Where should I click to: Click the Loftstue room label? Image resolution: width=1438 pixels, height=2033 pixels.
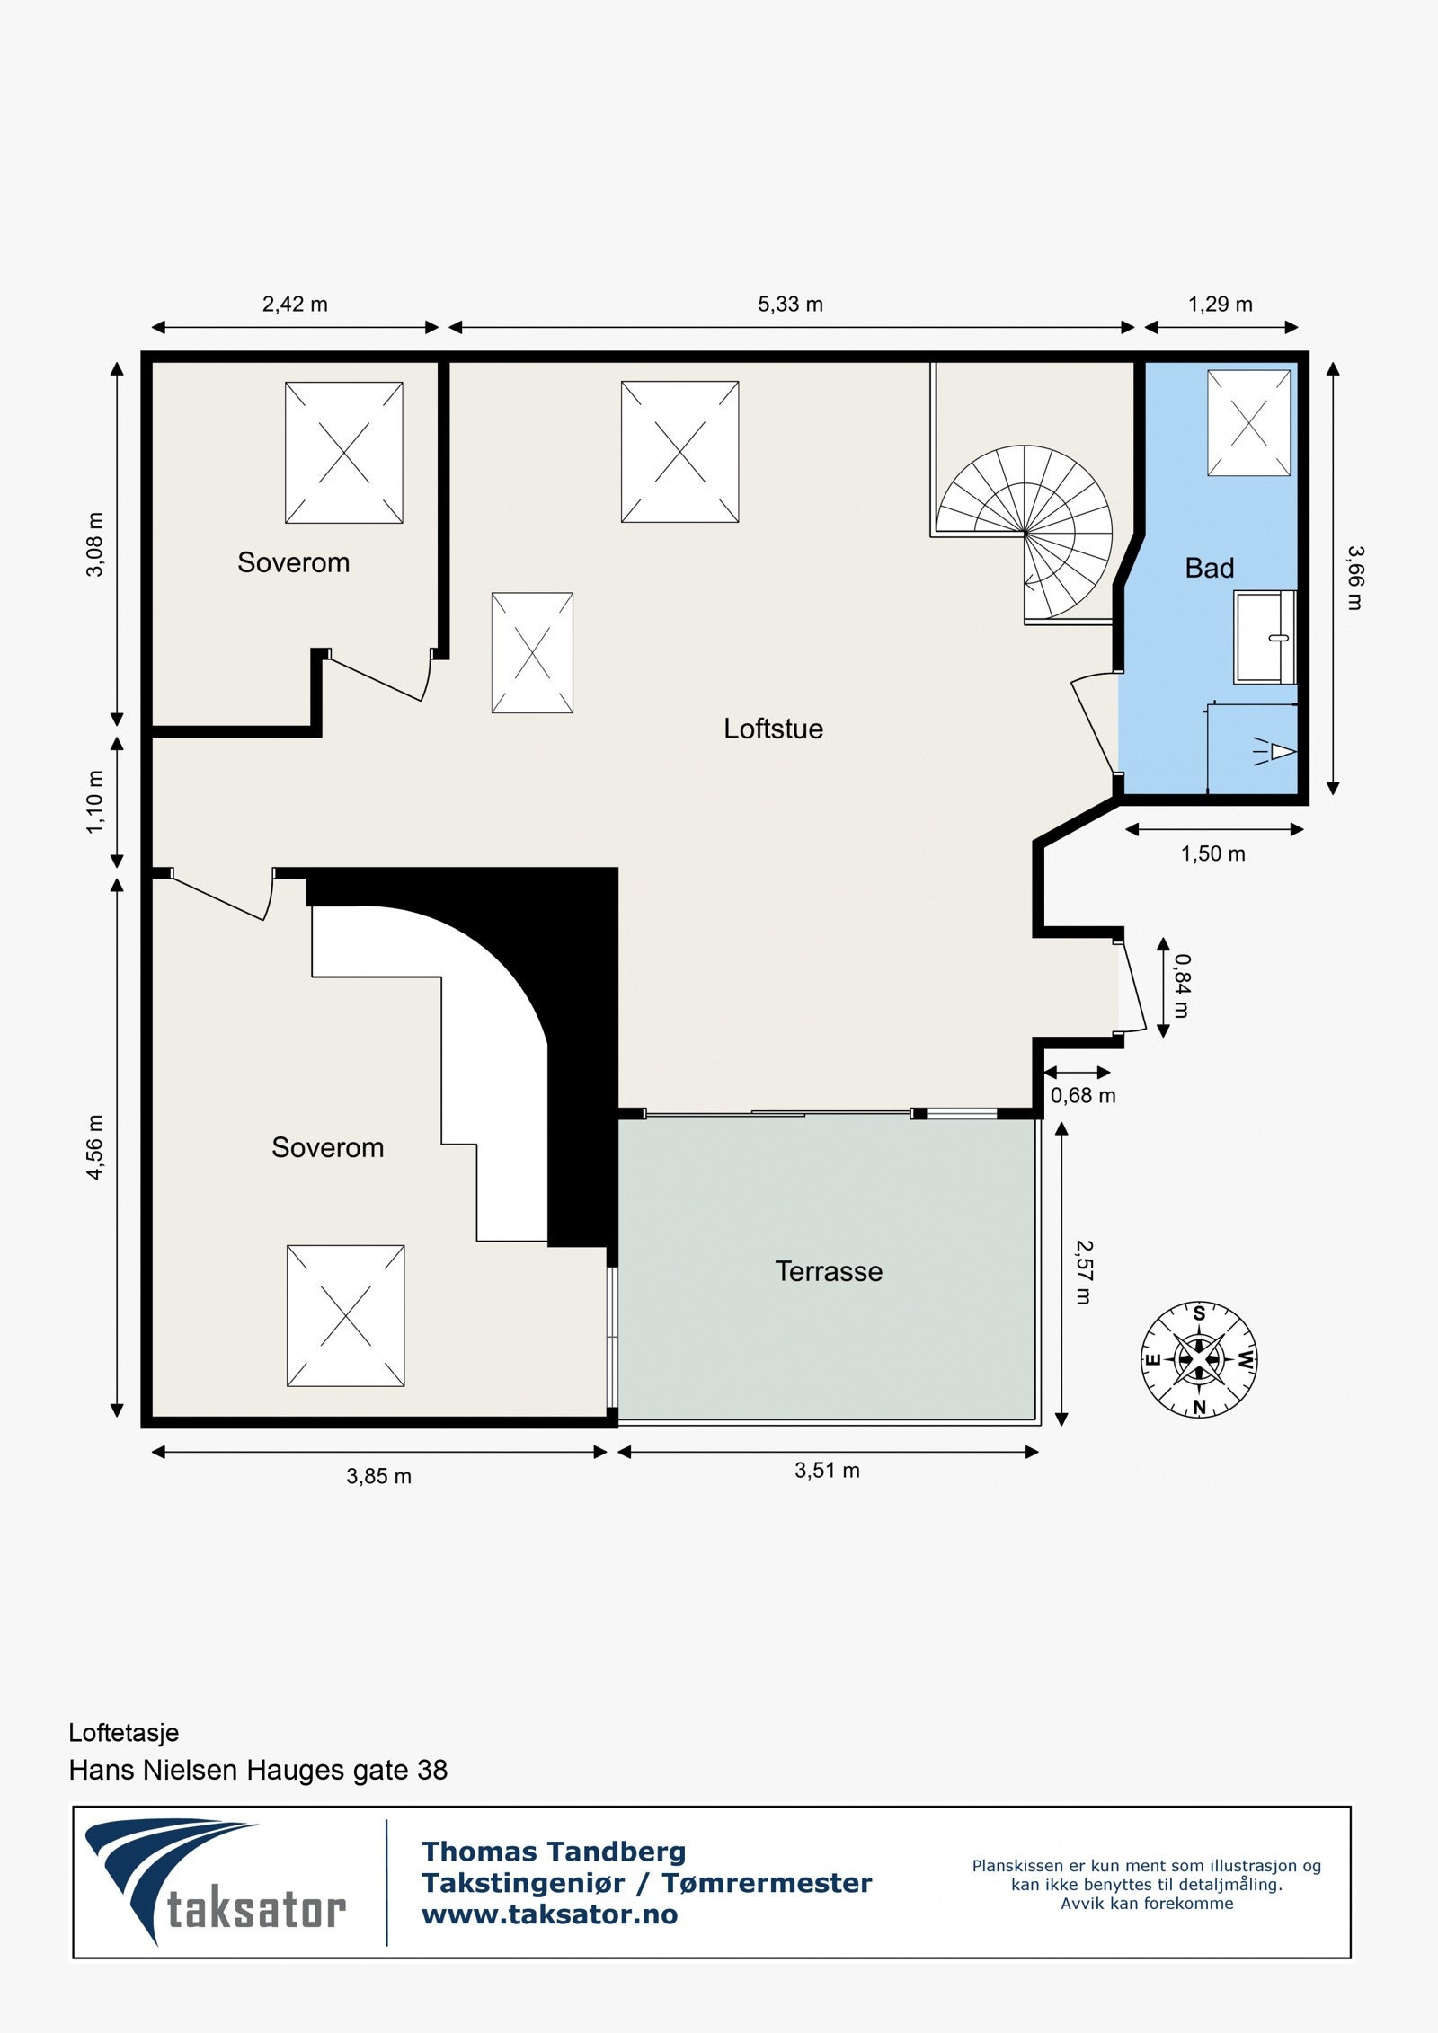click(773, 729)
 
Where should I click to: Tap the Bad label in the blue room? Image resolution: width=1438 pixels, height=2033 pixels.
click(1209, 568)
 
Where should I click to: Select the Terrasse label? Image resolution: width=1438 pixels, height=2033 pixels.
click(829, 1271)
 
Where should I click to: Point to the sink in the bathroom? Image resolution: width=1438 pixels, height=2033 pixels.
click(1265, 637)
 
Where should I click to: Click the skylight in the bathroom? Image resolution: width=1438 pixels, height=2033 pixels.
click(1248, 422)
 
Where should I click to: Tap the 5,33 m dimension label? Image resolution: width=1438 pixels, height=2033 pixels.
click(790, 305)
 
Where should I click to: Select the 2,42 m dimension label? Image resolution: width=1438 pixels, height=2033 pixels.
click(295, 305)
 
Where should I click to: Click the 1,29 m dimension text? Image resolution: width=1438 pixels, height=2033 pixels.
click(1220, 305)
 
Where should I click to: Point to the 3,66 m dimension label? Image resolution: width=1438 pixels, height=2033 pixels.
click(1354, 578)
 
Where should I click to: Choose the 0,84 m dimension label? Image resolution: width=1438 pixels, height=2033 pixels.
click(1182, 986)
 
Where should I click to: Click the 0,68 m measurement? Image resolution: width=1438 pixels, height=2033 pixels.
click(1083, 1095)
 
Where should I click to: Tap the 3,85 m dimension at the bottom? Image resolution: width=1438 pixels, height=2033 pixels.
click(378, 1476)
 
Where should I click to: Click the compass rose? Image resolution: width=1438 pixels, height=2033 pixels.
click(1199, 1359)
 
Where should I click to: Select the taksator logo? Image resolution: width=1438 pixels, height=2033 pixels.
click(216, 1882)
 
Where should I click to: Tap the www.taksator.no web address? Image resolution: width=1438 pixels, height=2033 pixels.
click(550, 1914)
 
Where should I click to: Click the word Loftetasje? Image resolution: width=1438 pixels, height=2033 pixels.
click(124, 1732)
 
